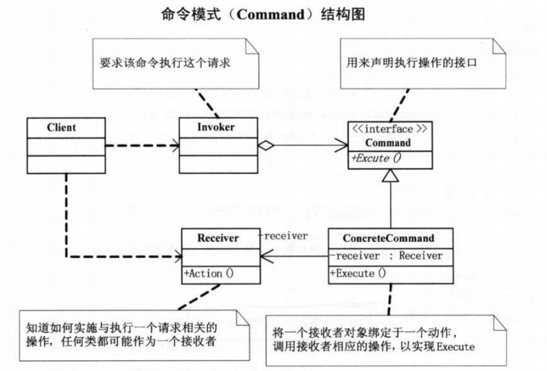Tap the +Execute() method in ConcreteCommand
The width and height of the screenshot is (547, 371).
[359, 273]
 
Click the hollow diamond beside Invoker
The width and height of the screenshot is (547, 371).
[264, 145]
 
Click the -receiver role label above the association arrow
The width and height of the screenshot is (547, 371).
[283, 235]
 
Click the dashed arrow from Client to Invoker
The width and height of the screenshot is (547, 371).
[142, 145]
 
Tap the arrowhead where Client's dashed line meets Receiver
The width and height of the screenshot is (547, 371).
[176, 256]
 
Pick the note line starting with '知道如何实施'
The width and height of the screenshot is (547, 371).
[121, 328]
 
